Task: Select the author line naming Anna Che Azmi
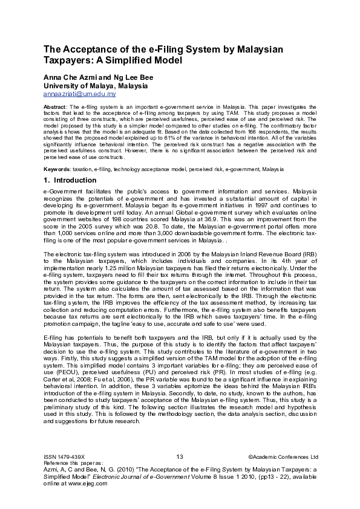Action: [x=98, y=78]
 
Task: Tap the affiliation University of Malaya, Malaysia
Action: [x=96, y=86]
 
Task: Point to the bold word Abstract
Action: [x=55, y=106]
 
